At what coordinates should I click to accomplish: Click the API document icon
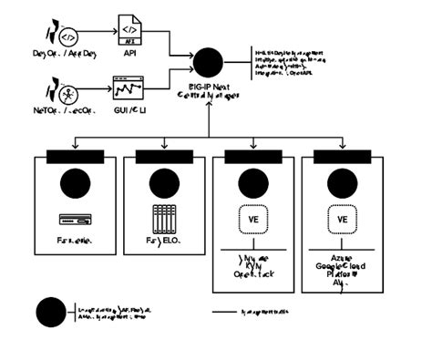129,31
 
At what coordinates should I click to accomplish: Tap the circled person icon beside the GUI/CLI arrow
67,93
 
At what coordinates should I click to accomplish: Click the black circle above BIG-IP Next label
209,63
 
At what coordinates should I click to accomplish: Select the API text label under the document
130,54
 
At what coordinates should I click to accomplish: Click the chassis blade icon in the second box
164,219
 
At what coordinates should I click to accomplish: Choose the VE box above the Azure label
343,220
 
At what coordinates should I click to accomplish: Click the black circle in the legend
51,312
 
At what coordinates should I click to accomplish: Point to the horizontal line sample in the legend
224,312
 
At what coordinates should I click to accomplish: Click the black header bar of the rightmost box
343,156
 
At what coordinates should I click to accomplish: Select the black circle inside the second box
164,183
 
